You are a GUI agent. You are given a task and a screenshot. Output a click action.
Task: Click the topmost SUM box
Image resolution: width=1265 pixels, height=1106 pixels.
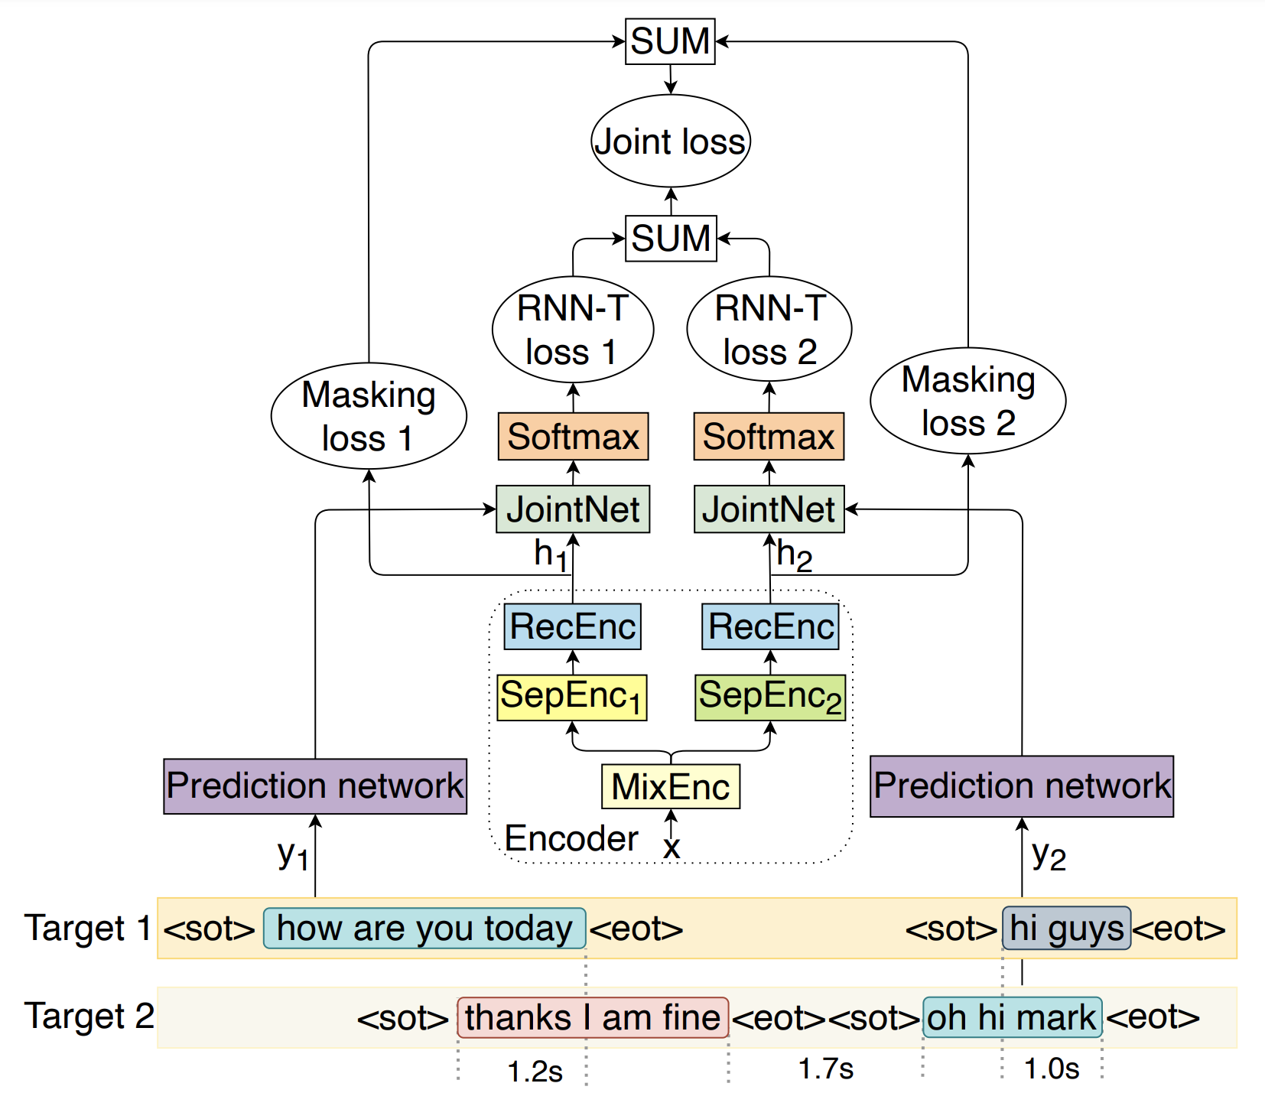(670, 41)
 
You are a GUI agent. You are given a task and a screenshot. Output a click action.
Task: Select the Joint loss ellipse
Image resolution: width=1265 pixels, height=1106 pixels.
(671, 142)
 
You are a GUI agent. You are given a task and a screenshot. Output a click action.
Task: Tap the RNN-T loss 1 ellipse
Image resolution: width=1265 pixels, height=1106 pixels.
(573, 330)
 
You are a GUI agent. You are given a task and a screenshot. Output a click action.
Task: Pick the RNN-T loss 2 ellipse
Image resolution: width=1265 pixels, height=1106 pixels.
(769, 330)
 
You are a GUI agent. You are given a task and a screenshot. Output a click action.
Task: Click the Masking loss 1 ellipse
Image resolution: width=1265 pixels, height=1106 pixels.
(369, 416)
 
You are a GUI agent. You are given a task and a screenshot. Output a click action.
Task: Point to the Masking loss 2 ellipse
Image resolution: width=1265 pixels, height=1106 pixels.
(968, 401)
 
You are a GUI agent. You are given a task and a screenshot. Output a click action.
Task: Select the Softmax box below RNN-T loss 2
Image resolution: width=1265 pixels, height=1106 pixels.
(769, 437)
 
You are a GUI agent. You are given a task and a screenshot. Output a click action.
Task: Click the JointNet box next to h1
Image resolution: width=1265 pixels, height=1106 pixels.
(573, 509)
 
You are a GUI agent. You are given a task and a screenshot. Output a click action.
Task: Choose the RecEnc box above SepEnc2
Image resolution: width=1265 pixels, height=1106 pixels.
(770, 626)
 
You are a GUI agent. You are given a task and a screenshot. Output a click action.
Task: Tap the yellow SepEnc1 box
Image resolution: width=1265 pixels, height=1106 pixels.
(572, 697)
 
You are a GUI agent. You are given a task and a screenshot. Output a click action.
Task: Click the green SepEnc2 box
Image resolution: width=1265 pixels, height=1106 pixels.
(770, 697)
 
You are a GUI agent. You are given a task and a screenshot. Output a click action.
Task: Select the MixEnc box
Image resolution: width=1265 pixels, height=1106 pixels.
(671, 786)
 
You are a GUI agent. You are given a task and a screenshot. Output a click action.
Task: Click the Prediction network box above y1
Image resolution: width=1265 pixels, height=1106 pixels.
(315, 786)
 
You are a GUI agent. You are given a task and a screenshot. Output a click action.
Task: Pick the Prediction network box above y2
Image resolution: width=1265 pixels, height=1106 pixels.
(1022, 786)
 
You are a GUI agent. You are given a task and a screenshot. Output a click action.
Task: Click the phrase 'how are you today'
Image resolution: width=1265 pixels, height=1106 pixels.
(424, 929)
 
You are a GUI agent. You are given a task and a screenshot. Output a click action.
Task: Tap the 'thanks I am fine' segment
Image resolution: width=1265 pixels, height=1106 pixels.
(593, 1018)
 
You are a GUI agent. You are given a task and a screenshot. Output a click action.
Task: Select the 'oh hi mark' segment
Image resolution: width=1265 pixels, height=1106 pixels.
(1012, 1018)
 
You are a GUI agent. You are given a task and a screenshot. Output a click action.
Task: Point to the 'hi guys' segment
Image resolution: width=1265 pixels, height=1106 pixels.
(1066, 929)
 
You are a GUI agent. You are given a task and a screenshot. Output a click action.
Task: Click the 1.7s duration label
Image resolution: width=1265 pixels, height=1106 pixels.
(825, 1069)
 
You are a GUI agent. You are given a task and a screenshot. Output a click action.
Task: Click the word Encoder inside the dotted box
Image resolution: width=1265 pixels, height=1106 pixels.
(571, 839)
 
